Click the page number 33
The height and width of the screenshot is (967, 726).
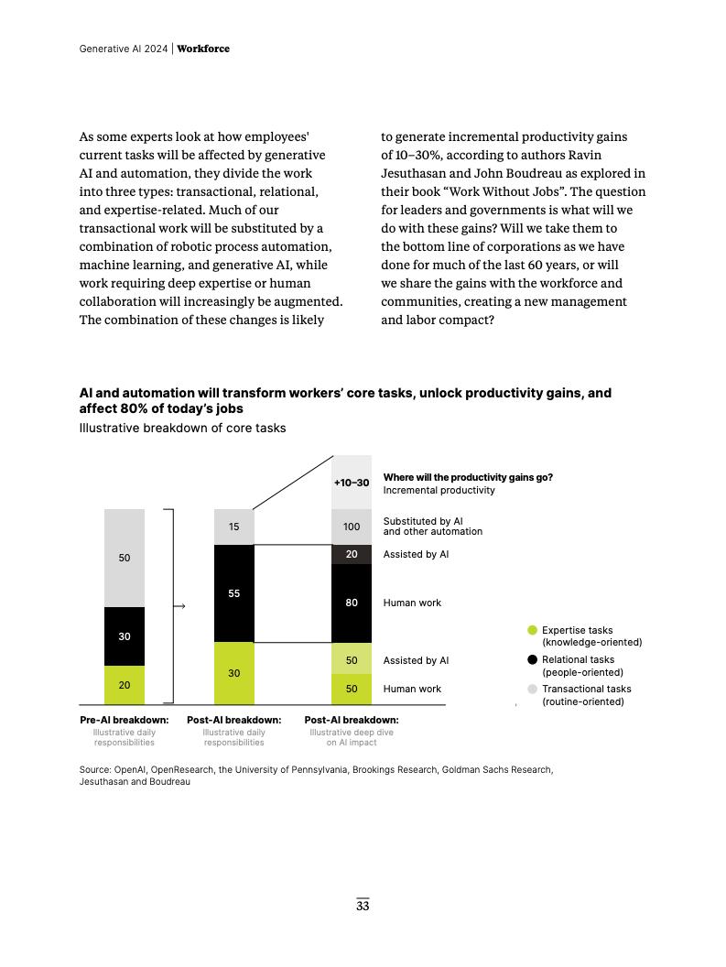pos(363,907)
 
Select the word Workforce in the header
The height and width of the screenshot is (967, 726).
pos(203,49)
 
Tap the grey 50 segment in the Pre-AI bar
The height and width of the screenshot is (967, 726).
pos(125,558)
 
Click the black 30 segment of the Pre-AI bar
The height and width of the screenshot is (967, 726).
pos(125,636)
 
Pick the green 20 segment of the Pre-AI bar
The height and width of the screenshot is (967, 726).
pos(125,685)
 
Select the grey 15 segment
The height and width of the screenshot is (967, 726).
pos(233,527)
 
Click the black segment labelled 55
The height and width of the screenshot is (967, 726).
pos(233,593)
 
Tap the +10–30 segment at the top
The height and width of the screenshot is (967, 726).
pos(352,482)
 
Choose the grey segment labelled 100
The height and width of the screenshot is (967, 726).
pos(352,527)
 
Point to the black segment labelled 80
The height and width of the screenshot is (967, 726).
pos(352,603)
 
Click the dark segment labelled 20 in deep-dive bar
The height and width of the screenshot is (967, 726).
pos(352,554)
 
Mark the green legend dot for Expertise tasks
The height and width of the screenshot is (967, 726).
pos(532,630)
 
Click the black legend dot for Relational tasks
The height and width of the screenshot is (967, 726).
pos(532,659)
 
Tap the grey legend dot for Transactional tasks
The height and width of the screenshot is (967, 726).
pos(532,689)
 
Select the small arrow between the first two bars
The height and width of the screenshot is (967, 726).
pos(180,606)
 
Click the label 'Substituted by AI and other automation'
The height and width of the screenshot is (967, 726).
pos(432,527)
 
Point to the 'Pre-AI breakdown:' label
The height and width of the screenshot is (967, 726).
pos(125,720)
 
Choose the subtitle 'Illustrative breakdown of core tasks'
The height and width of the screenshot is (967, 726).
pos(182,428)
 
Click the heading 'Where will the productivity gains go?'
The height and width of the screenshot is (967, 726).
pos(468,477)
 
